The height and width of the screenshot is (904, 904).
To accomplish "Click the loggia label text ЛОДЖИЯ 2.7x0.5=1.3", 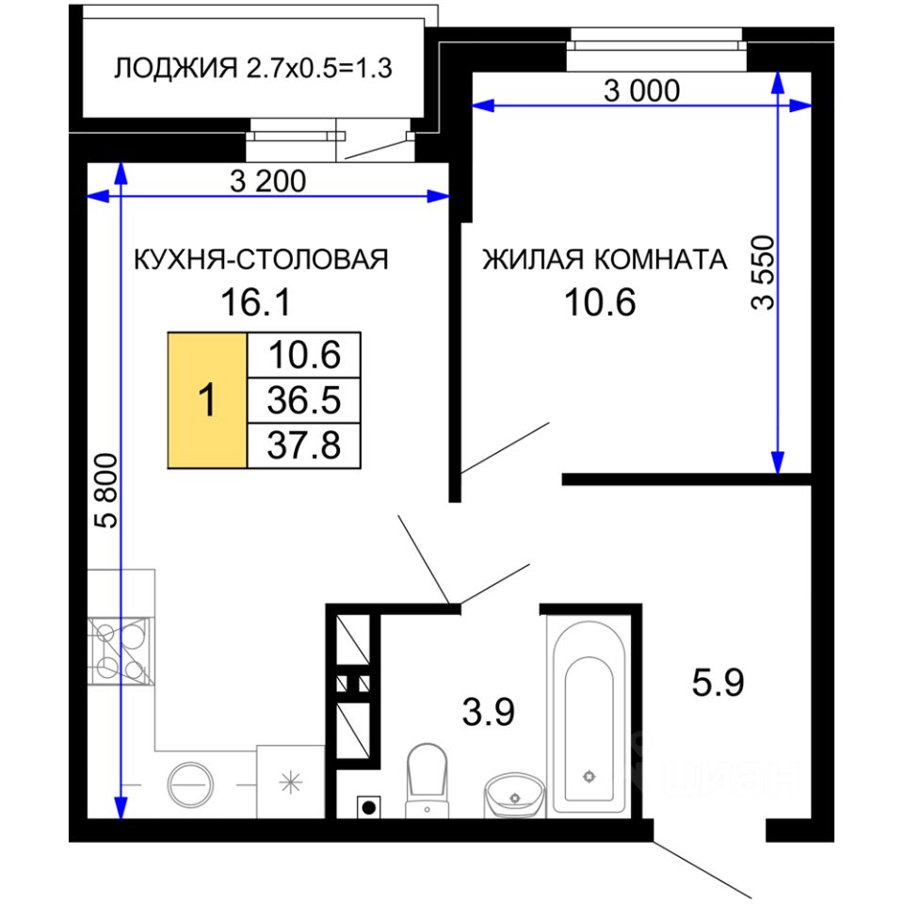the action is coord(252,68).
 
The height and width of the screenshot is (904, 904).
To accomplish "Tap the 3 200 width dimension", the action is coord(267,181).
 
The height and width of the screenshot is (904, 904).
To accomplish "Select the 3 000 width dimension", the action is coord(641,90).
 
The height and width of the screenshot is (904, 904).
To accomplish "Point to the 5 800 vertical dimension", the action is coord(106,491).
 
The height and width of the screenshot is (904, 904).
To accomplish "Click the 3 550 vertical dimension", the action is coord(763,273).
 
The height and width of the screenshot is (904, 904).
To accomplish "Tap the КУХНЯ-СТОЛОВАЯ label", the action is coord(261,260).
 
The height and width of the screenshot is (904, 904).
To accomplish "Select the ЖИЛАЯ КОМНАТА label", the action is coord(605,260).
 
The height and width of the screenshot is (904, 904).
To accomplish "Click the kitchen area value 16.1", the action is coord(256,302).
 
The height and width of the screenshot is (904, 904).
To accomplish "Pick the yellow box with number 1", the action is coord(207,400).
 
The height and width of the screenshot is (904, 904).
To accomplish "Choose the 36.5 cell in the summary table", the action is coord(304,400).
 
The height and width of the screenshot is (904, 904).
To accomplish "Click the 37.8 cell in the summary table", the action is coord(304,445).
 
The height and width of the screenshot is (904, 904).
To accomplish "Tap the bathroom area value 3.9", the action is coord(489,712).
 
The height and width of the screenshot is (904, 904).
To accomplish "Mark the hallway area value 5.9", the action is coord(718,683).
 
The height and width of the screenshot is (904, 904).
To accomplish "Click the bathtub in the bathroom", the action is coord(589,718).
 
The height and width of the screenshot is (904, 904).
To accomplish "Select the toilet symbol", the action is coord(428,780).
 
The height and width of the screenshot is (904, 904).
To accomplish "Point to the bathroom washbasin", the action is coord(515,796).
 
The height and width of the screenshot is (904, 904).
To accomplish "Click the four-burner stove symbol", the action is coord(121,651).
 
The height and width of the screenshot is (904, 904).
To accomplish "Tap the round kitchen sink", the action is coord(190,784).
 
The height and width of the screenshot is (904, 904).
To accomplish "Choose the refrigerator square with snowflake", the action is coord(291,782).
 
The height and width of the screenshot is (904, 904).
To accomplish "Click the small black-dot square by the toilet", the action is coord(369,807).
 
